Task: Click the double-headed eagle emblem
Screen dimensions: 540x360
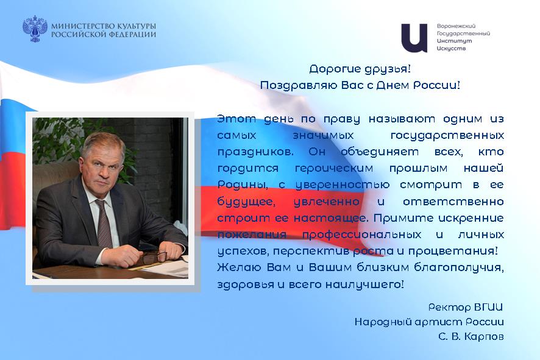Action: pos(35,29)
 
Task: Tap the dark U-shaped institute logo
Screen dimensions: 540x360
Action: pos(414,38)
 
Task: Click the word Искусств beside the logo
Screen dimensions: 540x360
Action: pos(451,48)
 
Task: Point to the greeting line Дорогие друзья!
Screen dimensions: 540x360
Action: pos(360,69)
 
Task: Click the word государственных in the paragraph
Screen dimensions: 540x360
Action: pos(447,135)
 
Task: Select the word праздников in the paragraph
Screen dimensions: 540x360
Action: pos(255,152)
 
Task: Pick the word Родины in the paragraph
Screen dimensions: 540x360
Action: pos(242,185)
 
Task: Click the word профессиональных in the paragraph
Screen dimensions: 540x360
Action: pos(361,235)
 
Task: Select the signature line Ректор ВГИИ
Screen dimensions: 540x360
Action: pos(466,307)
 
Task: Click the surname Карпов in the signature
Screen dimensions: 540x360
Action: pos(484,336)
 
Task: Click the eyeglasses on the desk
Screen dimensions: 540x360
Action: pos(154,256)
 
